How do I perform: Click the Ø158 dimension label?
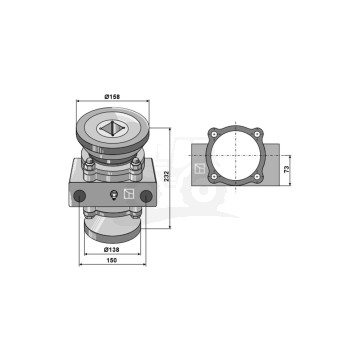click(112, 97)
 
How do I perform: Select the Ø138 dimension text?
click(112, 249)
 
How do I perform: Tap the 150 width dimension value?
click(112, 260)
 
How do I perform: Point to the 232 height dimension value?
click(167, 176)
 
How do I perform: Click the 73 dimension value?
click(287, 169)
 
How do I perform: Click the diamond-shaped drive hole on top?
click(112, 128)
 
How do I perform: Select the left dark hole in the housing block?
click(80, 196)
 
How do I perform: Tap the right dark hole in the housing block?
click(146, 196)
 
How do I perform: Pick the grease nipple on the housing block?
click(114, 195)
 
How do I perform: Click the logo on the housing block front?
click(129, 194)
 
